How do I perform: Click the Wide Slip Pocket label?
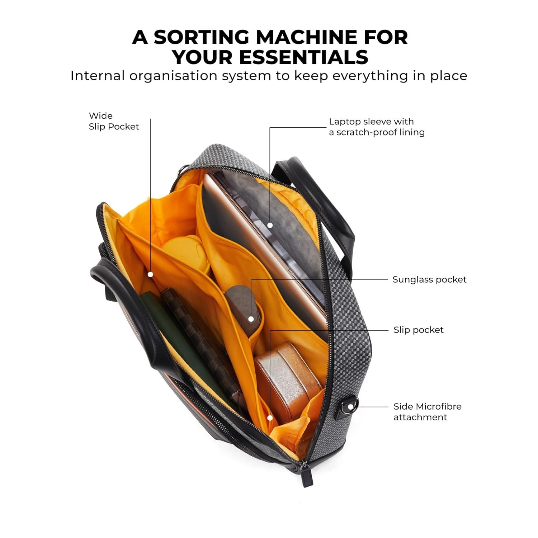coord(114,121)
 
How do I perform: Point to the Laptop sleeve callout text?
coord(376,127)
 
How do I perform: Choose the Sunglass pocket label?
coord(429,280)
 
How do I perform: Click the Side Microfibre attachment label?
coord(427,412)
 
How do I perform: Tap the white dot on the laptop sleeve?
coord(270,225)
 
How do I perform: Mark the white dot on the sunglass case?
coord(251,319)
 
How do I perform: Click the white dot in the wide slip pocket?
coord(151,274)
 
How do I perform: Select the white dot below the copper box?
coord(270,418)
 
